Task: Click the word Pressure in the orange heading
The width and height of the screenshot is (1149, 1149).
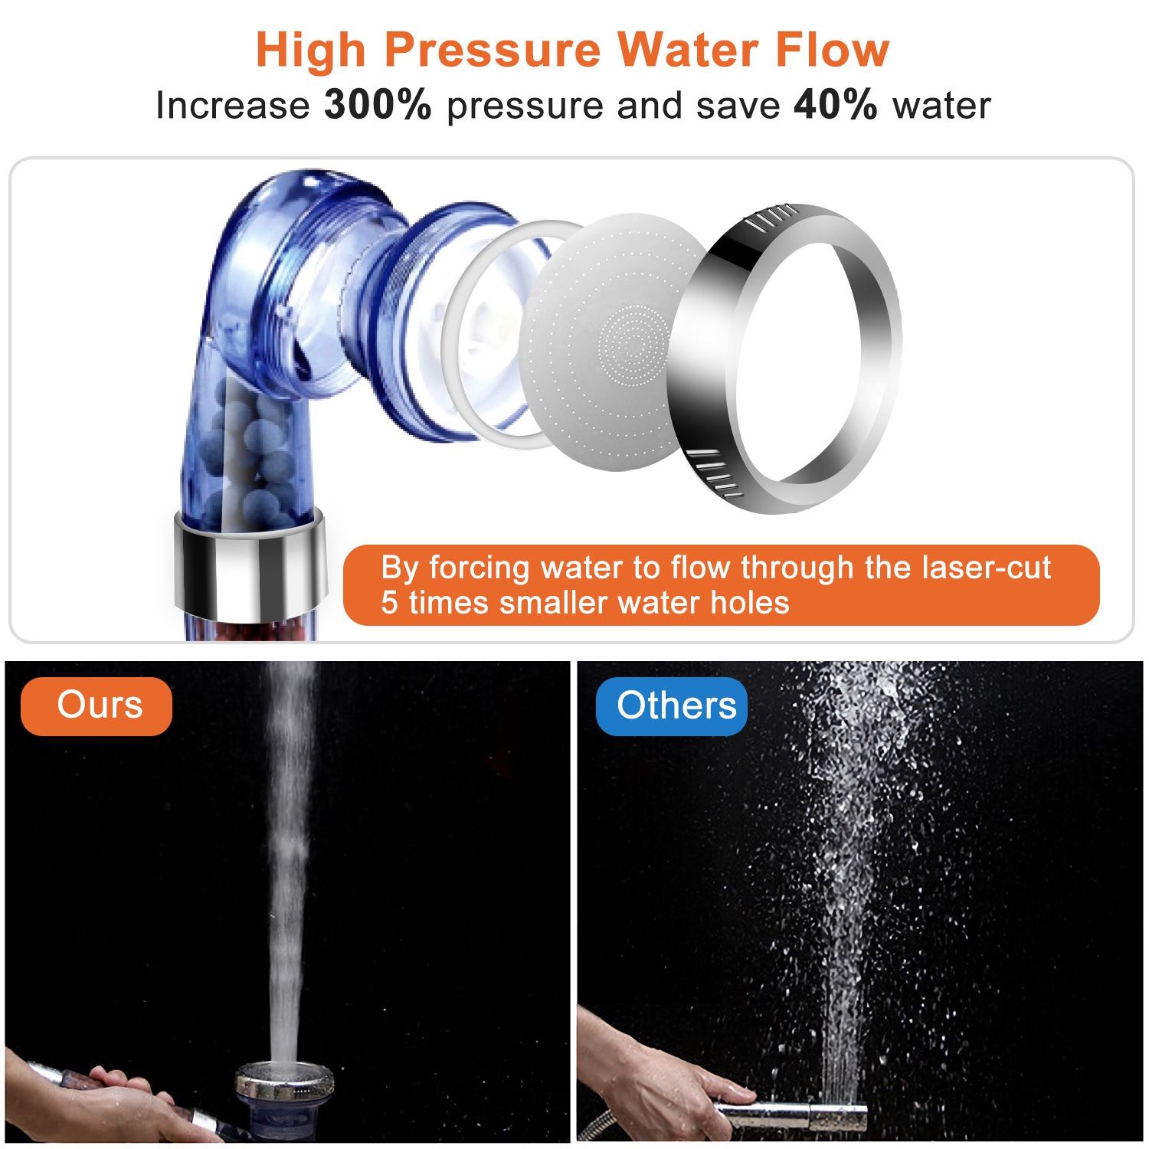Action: pos(493,51)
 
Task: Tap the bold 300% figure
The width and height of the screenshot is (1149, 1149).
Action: pos(378,105)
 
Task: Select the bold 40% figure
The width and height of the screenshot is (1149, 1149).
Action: pos(835,105)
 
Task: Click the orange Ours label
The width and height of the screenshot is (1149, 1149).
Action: pos(97,705)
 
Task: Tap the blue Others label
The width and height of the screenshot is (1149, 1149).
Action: pos(673,705)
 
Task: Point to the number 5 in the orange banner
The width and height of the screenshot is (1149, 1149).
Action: pos(390,603)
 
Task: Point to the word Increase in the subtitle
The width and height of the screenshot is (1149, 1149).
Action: pos(232,105)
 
